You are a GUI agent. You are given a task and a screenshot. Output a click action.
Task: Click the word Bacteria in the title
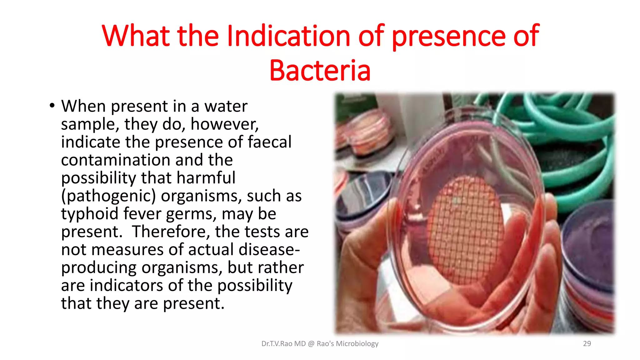tap(320, 70)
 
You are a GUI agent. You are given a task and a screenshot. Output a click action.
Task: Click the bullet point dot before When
tap(52, 106)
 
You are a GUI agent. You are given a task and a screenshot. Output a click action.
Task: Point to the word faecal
tap(270, 142)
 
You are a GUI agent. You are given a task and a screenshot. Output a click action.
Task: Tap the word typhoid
tap(89, 214)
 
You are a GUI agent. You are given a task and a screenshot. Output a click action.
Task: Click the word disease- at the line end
tap(269, 250)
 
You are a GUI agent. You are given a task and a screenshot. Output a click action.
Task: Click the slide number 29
tap(587, 343)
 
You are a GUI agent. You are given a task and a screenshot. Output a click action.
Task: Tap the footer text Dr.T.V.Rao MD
tap(283, 344)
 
